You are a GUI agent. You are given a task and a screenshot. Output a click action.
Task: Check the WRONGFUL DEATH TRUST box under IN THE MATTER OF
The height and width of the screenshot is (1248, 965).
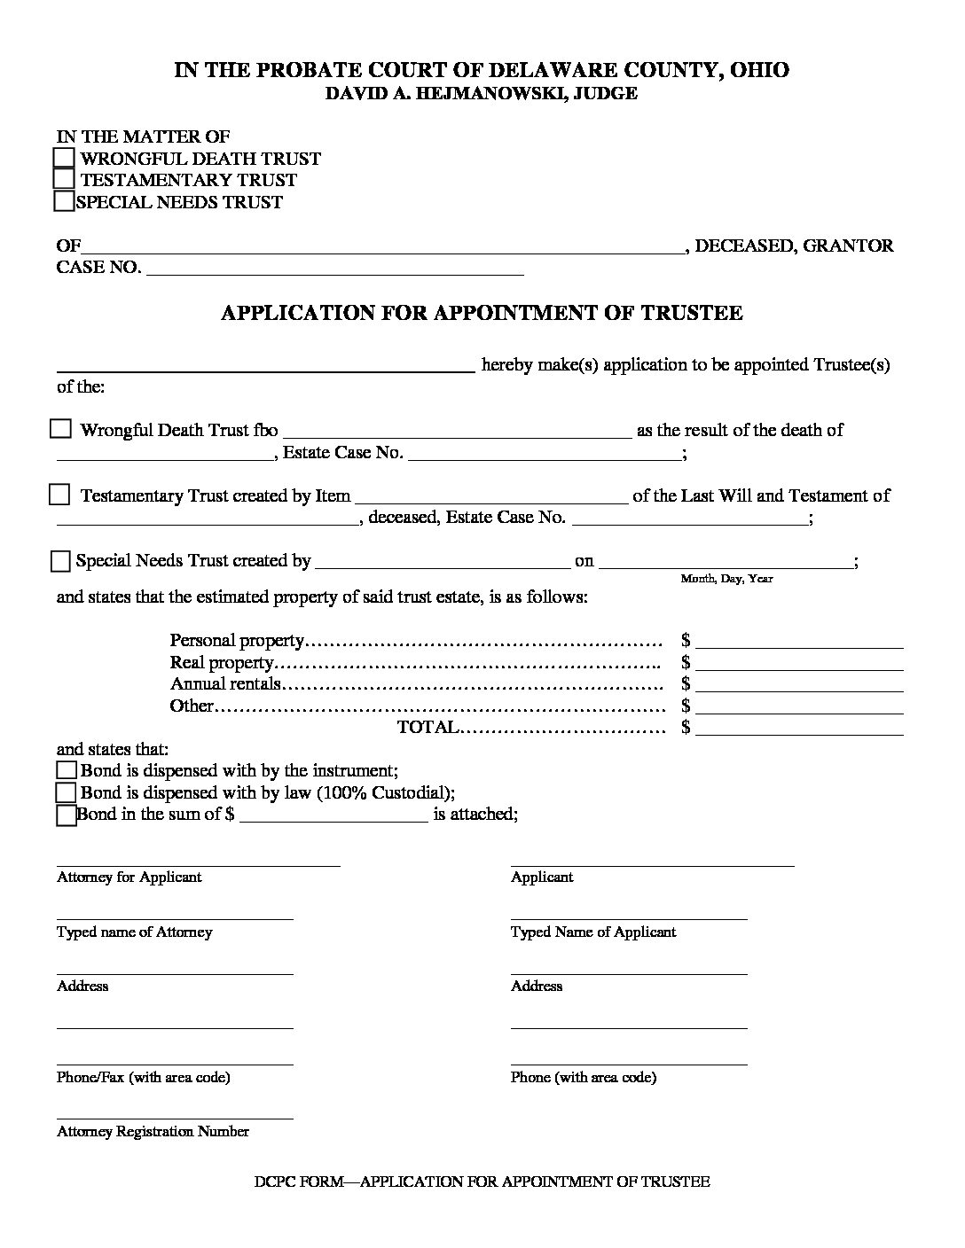tap(64, 158)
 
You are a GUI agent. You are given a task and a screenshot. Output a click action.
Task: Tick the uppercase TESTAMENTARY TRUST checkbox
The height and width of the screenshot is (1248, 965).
tap(64, 179)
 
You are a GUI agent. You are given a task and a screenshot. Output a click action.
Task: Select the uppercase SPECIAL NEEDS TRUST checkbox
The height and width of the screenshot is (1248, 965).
tap(64, 201)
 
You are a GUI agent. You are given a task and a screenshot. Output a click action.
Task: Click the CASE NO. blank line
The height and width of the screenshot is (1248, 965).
tap(334, 271)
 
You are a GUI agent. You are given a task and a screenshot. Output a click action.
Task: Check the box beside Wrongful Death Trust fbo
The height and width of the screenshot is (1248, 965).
tap(60, 429)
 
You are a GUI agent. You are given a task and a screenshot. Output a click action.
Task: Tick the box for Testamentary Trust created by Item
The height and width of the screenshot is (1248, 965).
tap(59, 495)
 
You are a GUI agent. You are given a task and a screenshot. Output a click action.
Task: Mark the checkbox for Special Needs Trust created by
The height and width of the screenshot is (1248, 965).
tap(60, 560)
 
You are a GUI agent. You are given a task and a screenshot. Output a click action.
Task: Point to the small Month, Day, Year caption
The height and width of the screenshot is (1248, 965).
tap(726, 579)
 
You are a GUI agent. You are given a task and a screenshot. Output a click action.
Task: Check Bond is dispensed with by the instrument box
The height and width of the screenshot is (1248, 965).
tap(67, 770)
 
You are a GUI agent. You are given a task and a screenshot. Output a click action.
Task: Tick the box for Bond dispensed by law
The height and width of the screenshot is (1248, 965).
tap(67, 792)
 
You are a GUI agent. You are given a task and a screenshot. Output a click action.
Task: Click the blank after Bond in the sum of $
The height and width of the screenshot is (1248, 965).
tap(333, 818)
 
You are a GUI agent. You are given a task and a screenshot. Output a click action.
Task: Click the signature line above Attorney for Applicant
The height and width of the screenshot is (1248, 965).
tap(198, 862)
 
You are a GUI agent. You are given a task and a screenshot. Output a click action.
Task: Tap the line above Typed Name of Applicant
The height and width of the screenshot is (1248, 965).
tap(628, 916)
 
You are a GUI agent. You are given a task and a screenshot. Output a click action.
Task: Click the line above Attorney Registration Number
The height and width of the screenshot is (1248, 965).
tap(175, 1116)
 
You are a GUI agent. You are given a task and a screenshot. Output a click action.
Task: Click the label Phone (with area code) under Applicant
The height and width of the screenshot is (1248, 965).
tap(583, 1078)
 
